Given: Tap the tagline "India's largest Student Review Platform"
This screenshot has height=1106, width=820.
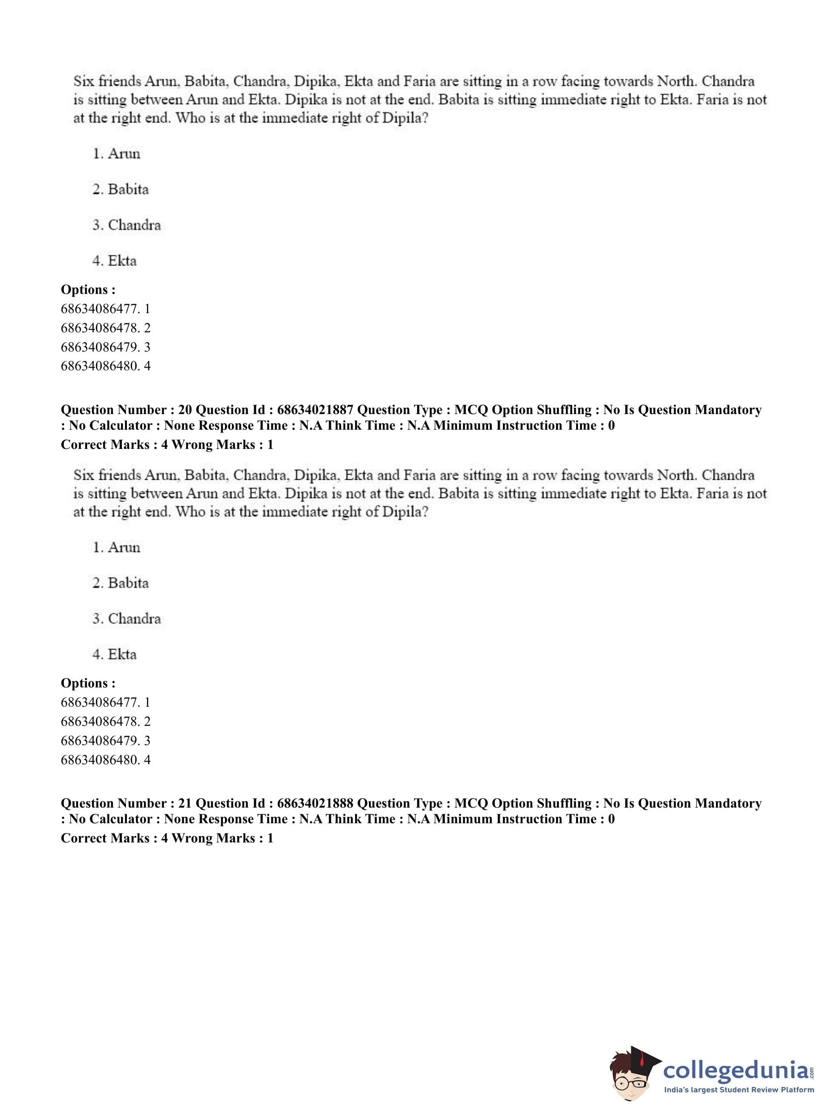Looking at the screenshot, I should pos(739,1090).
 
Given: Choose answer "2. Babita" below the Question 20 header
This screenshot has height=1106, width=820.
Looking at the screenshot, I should pos(121,583).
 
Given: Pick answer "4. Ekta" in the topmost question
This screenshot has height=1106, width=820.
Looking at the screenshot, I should pos(115,260).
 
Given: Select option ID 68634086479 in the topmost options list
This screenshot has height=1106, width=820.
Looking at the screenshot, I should pos(105,347).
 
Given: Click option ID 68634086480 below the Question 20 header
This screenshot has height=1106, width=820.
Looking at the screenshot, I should pos(105,759).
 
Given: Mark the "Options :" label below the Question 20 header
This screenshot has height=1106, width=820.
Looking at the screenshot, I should pos(88,683).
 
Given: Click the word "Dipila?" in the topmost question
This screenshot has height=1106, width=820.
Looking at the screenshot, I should pos(405,119).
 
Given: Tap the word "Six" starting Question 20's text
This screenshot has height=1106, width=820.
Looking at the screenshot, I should pos(84,475).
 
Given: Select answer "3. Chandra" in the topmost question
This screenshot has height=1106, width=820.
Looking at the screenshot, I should pos(126,225).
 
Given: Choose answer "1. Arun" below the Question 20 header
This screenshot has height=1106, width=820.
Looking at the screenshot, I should pos(117,547).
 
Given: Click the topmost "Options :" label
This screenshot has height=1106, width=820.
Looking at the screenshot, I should pos(88,289).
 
